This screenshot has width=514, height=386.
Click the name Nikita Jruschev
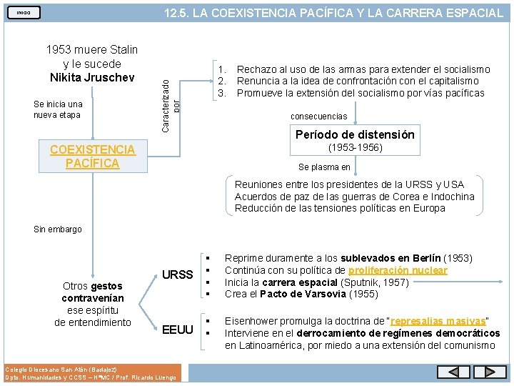click(91, 76)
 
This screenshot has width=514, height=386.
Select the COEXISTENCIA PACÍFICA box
click(92, 157)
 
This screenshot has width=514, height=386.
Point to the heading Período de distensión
click(355, 134)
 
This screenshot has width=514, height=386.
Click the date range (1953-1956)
click(355, 148)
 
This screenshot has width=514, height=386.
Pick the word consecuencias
click(318, 117)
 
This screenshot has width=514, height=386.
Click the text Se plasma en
click(324, 167)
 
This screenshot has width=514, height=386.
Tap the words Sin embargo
click(58, 229)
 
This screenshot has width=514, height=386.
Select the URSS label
click(177, 274)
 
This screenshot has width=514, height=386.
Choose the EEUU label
click(178, 330)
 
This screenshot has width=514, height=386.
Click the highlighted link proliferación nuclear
click(398, 270)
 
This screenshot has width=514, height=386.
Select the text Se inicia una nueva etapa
click(58, 109)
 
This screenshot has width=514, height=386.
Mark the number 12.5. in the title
click(178, 13)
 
